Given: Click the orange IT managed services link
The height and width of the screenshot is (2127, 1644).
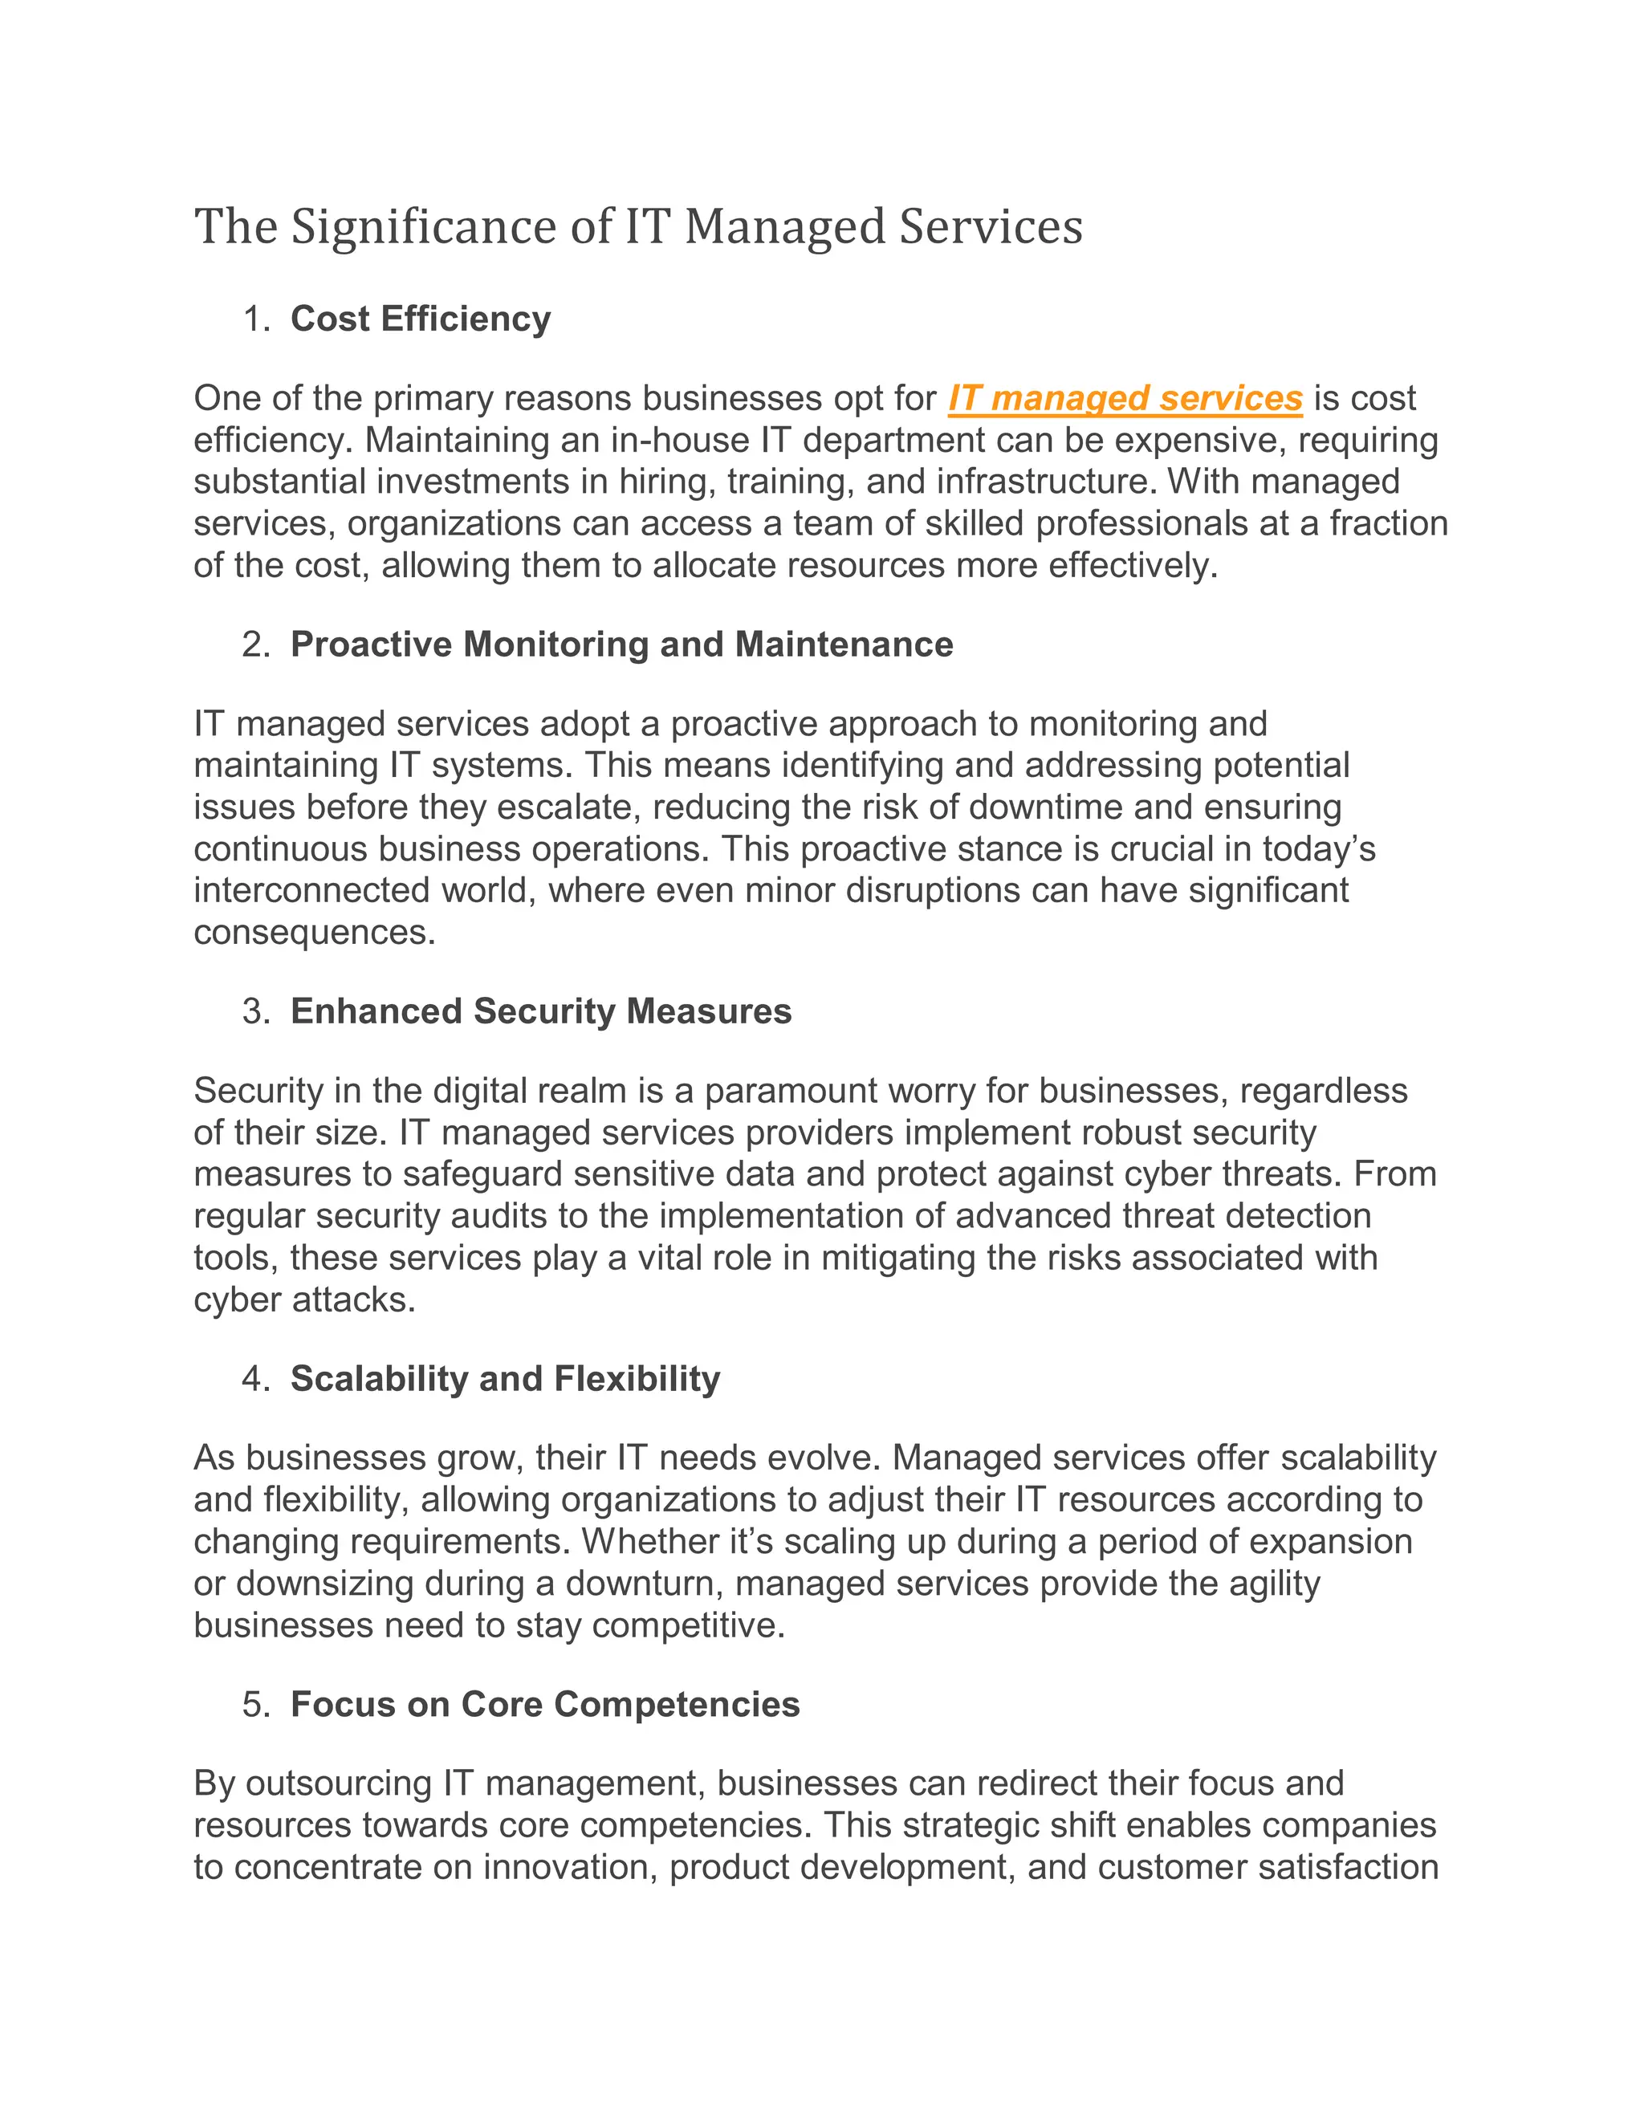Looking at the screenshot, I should click(x=1125, y=398).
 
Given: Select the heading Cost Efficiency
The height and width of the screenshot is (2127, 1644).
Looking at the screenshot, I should click(x=420, y=319).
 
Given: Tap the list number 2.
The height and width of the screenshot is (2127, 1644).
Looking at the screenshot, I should click(x=254, y=645).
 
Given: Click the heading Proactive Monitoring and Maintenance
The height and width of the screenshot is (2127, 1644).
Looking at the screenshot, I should click(x=621, y=645).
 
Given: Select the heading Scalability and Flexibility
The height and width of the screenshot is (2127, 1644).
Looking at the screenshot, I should click(x=504, y=1378).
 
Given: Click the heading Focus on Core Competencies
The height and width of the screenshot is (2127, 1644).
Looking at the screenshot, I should click(x=544, y=1704).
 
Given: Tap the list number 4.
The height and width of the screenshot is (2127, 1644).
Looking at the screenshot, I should click(x=254, y=1378).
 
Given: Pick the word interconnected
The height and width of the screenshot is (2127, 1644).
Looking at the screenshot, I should click(x=311, y=890).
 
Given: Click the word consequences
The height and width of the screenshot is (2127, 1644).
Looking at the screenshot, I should click(x=314, y=932).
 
